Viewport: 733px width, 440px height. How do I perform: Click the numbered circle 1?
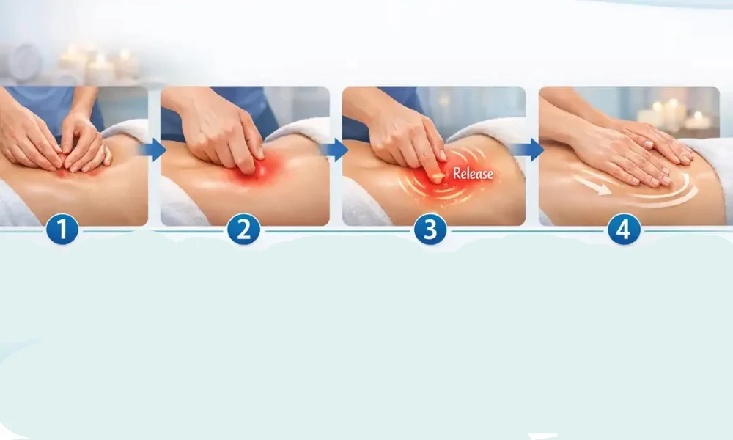pyautogui.click(x=62, y=229)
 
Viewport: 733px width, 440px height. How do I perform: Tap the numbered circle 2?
pyautogui.click(x=243, y=229)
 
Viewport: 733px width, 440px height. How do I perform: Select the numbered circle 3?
pyautogui.click(x=430, y=229)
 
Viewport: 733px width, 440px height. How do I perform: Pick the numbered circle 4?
pyautogui.click(x=624, y=229)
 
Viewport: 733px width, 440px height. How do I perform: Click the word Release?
pyautogui.click(x=473, y=174)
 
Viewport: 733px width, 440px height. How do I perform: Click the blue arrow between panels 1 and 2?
pyautogui.click(x=153, y=150)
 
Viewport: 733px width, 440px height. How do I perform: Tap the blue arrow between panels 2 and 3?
pyautogui.click(x=335, y=150)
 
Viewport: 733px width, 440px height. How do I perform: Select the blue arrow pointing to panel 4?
pyautogui.click(x=530, y=150)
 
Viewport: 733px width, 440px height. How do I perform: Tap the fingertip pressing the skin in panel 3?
pyautogui.click(x=437, y=177)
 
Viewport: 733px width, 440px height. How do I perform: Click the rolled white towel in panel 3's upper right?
pyautogui.click(x=486, y=128)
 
